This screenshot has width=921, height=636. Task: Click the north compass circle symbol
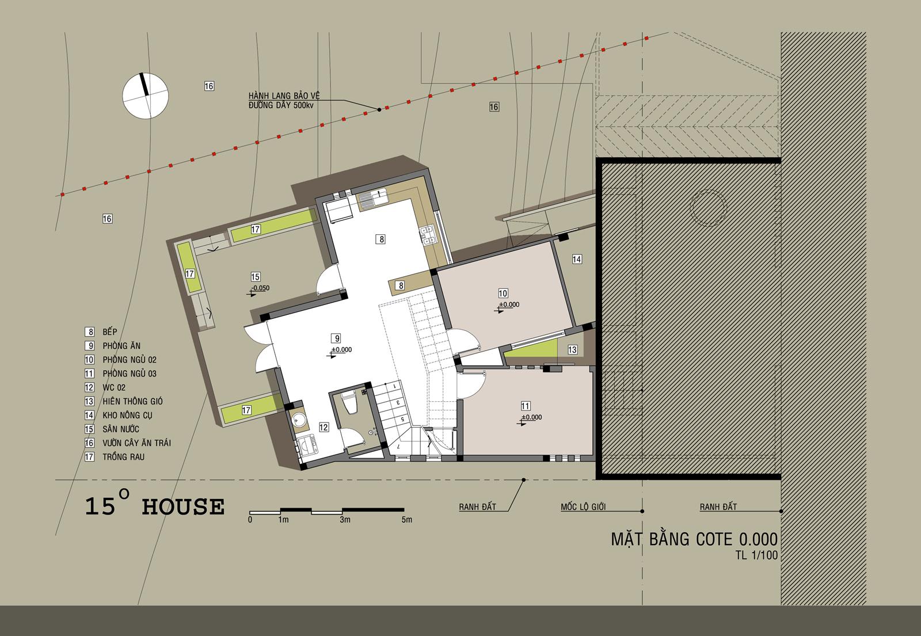tap(145, 96)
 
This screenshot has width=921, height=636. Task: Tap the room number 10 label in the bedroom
tap(503, 293)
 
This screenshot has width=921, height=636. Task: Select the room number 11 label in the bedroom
tap(525, 406)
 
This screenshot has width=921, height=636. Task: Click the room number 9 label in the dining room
tap(337, 338)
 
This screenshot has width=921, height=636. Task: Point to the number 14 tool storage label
tap(576, 259)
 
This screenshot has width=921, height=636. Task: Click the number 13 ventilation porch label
tap(572, 349)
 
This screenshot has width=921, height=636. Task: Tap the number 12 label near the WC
tap(324, 427)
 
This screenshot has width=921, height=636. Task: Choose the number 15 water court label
tap(256, 277)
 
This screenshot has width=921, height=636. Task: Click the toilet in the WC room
tap(350, 402)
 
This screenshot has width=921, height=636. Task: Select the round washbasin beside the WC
tap(298, 420)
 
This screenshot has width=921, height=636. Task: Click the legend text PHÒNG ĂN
tap(121, 346)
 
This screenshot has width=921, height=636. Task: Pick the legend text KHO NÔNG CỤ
tap(127, 415)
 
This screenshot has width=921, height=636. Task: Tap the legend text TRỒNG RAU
tap(123, 456)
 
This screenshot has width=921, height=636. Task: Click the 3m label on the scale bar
tap(345, 520)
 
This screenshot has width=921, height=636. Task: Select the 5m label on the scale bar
tap(406, 520)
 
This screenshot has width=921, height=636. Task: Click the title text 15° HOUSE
tap(155, 504)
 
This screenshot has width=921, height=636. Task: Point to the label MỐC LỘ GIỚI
tap(583, 507)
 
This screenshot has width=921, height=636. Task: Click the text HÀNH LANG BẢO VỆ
tap(284, 96)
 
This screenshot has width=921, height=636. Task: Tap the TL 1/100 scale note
tap(756, 555)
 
